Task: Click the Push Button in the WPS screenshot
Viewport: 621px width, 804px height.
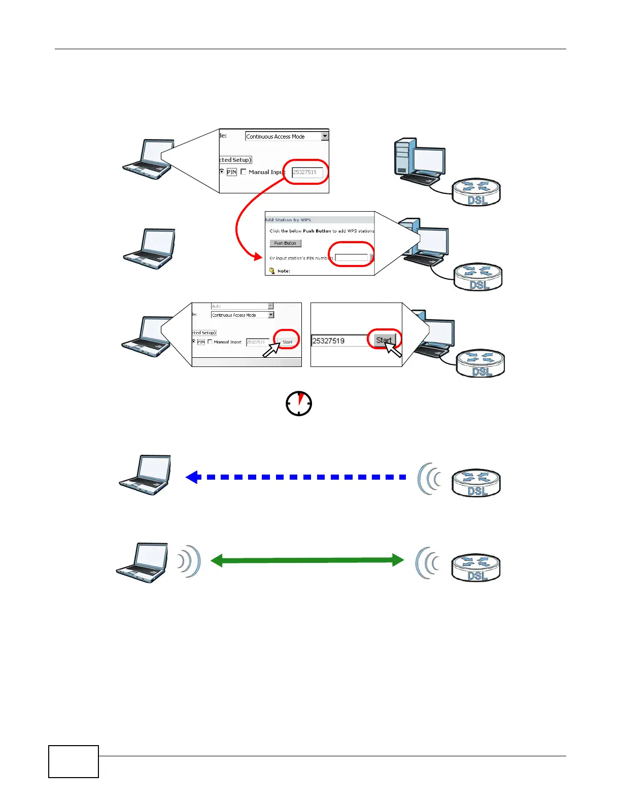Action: coord(285,243)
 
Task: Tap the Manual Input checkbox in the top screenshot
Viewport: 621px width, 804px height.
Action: coord(244,172)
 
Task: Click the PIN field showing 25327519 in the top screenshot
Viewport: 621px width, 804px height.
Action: coord(307,173)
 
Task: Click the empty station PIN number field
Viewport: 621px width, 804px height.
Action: coord(351,258)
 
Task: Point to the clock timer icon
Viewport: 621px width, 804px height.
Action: coord(299,404)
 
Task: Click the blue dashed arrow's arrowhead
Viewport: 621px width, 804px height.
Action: coord(192,477)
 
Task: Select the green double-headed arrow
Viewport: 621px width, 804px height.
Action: coord(307,560)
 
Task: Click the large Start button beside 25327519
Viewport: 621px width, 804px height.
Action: coord(385,340)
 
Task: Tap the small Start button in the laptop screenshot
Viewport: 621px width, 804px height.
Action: coord(287,342)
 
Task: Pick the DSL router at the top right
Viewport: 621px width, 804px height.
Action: coord(477,193)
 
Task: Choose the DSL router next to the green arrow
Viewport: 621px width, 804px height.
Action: coord(476,568)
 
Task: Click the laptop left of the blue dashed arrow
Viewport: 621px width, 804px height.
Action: coord(146,475)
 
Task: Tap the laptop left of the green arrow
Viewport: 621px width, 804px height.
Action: coord(143,563)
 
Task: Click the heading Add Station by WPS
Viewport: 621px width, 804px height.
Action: coord(288,220)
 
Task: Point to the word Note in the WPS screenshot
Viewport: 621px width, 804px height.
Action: coord(284,271)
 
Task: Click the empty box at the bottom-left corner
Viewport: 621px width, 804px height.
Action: coord(74,761)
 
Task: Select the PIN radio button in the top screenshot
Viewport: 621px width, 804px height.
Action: coord(222,172)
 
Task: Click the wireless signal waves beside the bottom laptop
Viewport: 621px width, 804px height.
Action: coord(190,561)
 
